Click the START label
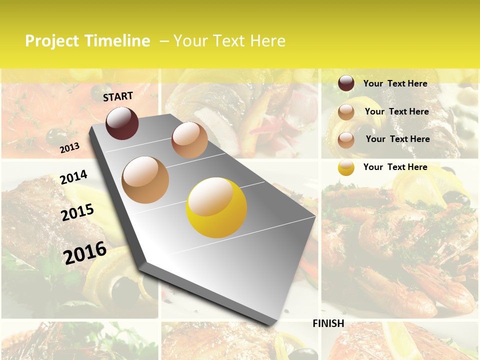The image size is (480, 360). click(x=118, y=96)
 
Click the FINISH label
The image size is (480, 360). click(x=328, y=323)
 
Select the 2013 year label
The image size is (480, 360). click(x=69, y=148)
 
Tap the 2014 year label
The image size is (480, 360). click(x=73, y=177)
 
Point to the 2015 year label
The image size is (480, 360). click(x=77, y=212)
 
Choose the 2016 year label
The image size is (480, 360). click(x=85, y=252)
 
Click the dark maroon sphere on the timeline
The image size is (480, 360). click(x=122, y=123)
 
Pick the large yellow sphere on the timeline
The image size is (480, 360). click(x=216, y=207)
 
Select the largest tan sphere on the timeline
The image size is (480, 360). click(x=145, y=179)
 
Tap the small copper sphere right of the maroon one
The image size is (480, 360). click(x=189, y=140)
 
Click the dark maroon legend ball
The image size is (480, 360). click(x=346, y=83)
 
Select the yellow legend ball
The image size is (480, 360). click(x=346, y=167)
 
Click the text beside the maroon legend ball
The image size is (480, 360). click(x=395, y=83)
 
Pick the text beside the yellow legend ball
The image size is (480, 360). click(x=395, y=167)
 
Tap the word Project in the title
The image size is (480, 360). click(x=52, y=41)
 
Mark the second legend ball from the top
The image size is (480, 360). click(x=346, y=112)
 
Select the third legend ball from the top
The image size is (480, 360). click(x=346, y=140)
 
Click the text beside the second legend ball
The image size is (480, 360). click(x=396, y=111)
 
